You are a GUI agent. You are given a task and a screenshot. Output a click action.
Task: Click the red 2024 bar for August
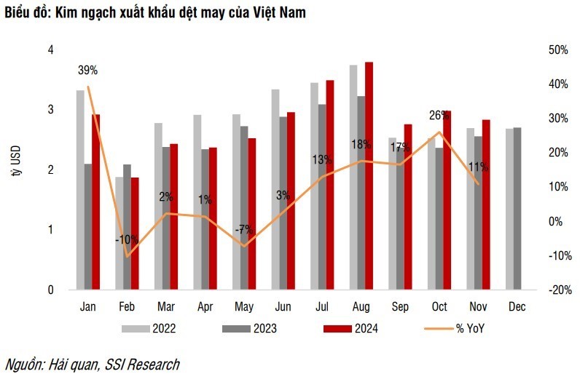pyautogui.click(x=369, y=175)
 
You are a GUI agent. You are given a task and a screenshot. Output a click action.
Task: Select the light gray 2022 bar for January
pyautogui.click(x=80, y=189)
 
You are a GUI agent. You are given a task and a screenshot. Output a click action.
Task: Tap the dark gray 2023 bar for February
pyautogui.click(x=128, y=226)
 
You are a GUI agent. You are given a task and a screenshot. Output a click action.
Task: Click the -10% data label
pyautogui.click(x=127, y=239)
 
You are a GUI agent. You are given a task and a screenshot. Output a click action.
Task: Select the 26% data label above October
pyautogui.click(x=439, y=115)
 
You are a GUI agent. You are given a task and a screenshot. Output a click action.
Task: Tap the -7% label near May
pyautogui.click(x=243, y=229)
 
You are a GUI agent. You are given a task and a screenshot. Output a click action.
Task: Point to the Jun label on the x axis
pyautogui.click(x=282, y=307)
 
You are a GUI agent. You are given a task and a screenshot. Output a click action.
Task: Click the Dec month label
pyautogui.click(x=517, y=307)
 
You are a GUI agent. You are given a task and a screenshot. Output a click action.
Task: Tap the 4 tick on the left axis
pyautogui.click(x=50, y=50)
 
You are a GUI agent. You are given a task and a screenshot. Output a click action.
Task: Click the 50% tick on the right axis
pyautogui.click(x=557, y=50)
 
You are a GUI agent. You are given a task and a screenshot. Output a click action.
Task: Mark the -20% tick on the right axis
pyautogui.click(x=556, y=290)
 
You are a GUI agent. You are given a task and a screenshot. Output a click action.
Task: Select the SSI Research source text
pyautogui.click(x=141, y=364)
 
